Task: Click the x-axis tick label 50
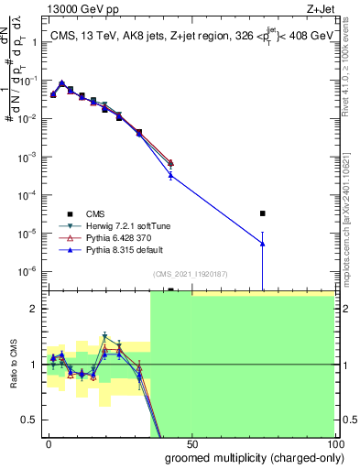(x=191, y=443)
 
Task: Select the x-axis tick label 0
(x=49, y=443)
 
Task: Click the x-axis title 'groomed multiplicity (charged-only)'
(x=249, y=457)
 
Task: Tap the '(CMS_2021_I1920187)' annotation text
(x=191, y=273)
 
